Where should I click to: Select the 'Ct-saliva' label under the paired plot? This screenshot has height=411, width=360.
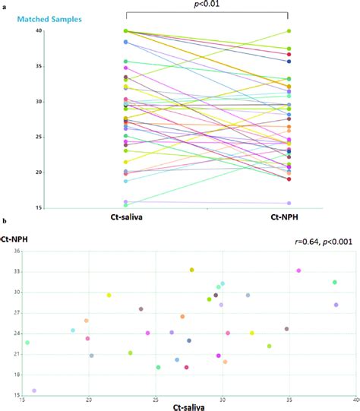click(x=126, y=219)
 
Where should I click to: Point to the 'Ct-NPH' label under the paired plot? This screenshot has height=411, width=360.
click(x=288, y=219)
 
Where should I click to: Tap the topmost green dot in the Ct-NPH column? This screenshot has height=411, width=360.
click(x=288, y=31)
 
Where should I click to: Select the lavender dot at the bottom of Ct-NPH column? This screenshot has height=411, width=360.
click(x=288, y=203)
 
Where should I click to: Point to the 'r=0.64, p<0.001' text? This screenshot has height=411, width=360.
click(x=324, y=242)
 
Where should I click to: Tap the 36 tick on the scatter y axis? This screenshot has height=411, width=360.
click(x=16, y=250)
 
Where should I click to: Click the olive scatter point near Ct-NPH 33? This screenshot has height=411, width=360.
click(x=192, y=270)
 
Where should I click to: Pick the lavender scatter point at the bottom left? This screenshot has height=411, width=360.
click(x=34, y=390)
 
